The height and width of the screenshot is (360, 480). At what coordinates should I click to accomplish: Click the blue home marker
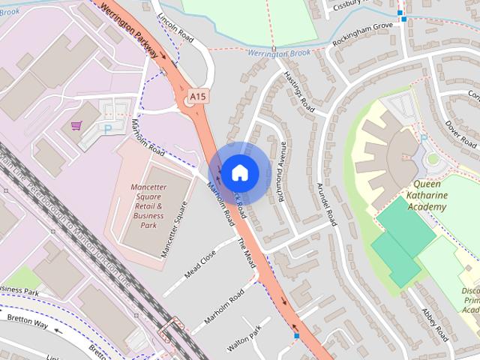tap(238, 172)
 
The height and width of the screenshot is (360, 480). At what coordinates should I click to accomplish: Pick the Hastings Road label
tap(299, 94)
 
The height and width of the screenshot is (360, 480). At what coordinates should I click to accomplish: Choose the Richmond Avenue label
tap(282, 172)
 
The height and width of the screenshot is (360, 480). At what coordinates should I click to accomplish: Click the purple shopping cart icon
tap(75, 125)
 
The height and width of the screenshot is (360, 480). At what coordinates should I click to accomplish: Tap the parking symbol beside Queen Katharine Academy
tap(424, 138)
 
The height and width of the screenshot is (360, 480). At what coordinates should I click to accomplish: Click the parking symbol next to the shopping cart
tap(108, 130)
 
